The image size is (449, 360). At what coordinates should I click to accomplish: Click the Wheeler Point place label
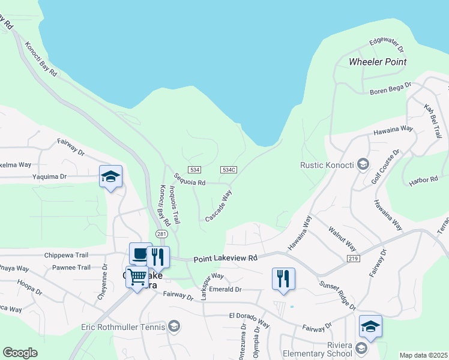pyautogui.click(x=378, y=62)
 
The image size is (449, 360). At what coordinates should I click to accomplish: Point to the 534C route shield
pyautogui.click(x=228, y=170)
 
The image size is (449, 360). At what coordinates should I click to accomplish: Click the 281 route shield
pyautogui.click(x=161, y=233)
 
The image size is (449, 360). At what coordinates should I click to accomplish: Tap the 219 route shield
pyautogui.click(x=353, y=257)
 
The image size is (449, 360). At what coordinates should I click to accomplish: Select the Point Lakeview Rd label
pyautogui.click(x=225, y=258)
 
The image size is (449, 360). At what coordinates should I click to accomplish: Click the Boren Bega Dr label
pyautogui.click(x=390, y=89)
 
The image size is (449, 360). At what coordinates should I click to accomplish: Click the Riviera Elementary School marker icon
pyautogui.click(x=361, y=348)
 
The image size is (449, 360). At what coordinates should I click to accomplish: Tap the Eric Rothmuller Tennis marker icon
pyautogui.click(x=174, y=327)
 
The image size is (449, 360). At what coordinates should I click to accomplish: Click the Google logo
pyautogui.click(x=20, y=353)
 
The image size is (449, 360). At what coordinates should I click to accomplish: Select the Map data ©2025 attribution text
pyautogui.click(x=423, y=355)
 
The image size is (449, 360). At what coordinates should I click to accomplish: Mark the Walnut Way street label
pyautogui.click(x=342, y=239)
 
